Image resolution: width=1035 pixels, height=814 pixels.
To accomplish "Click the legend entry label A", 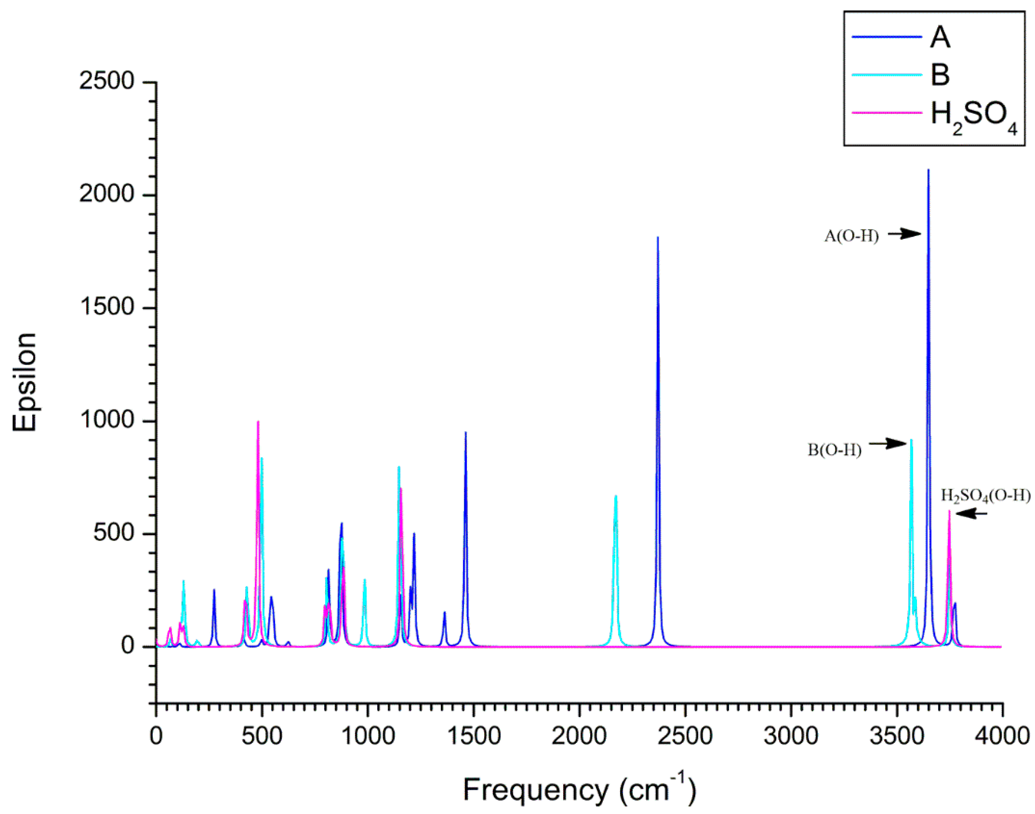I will (940, 37).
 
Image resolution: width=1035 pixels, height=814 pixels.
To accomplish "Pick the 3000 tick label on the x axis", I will (791, 736).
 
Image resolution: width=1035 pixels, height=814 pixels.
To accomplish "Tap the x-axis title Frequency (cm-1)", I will (579, 789).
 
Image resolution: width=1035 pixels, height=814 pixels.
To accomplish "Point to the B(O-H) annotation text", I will (834, 450).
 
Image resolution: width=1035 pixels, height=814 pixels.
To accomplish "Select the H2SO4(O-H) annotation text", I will (985, 496).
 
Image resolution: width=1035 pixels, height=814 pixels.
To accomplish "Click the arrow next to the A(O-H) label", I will (904, 233).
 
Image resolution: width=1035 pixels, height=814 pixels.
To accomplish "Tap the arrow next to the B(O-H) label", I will (887, 443).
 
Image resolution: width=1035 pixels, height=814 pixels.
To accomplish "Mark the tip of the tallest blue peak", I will (928, 170).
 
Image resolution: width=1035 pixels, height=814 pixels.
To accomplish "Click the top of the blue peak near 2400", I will (658, 237).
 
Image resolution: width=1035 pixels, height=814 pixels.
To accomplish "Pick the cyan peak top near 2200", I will (616, 496).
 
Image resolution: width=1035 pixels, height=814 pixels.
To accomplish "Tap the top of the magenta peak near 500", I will (258, 422).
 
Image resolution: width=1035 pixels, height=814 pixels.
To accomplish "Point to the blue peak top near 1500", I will (465, 433).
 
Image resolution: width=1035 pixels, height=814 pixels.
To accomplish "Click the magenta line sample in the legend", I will (887, 113).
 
